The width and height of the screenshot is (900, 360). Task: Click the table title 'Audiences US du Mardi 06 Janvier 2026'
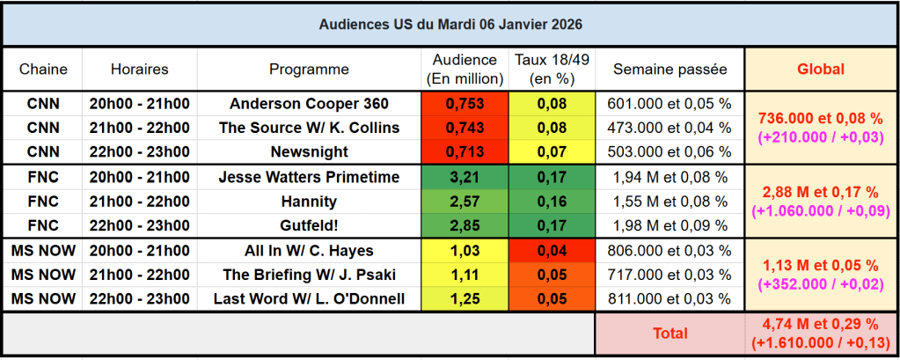(450, 24)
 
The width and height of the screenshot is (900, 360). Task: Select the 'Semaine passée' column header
(670, 69)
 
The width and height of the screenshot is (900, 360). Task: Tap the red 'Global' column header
(820, 69)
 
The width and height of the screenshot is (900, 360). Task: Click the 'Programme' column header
(309, 69)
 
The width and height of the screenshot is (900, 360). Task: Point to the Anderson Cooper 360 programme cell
(309, 103)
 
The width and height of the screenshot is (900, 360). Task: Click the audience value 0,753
(465, 103)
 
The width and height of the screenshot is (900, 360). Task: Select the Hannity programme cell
(309, 202)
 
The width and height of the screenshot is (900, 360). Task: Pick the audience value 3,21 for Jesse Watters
(465, 177)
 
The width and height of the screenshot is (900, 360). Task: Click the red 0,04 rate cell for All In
(552, 251)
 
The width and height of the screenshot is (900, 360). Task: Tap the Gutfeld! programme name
(309, 226)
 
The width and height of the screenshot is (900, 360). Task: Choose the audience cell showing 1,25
(465, 299)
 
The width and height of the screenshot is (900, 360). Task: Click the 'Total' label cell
(670, 334)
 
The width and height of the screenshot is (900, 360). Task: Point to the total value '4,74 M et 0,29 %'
(820, 326)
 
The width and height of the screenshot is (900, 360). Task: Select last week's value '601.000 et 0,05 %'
(670, 103)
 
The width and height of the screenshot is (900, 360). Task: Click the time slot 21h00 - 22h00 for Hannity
(139, 202)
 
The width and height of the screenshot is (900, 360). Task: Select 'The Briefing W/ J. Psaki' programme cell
(309, 275)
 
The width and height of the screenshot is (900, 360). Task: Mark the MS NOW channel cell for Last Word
(43, 299)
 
